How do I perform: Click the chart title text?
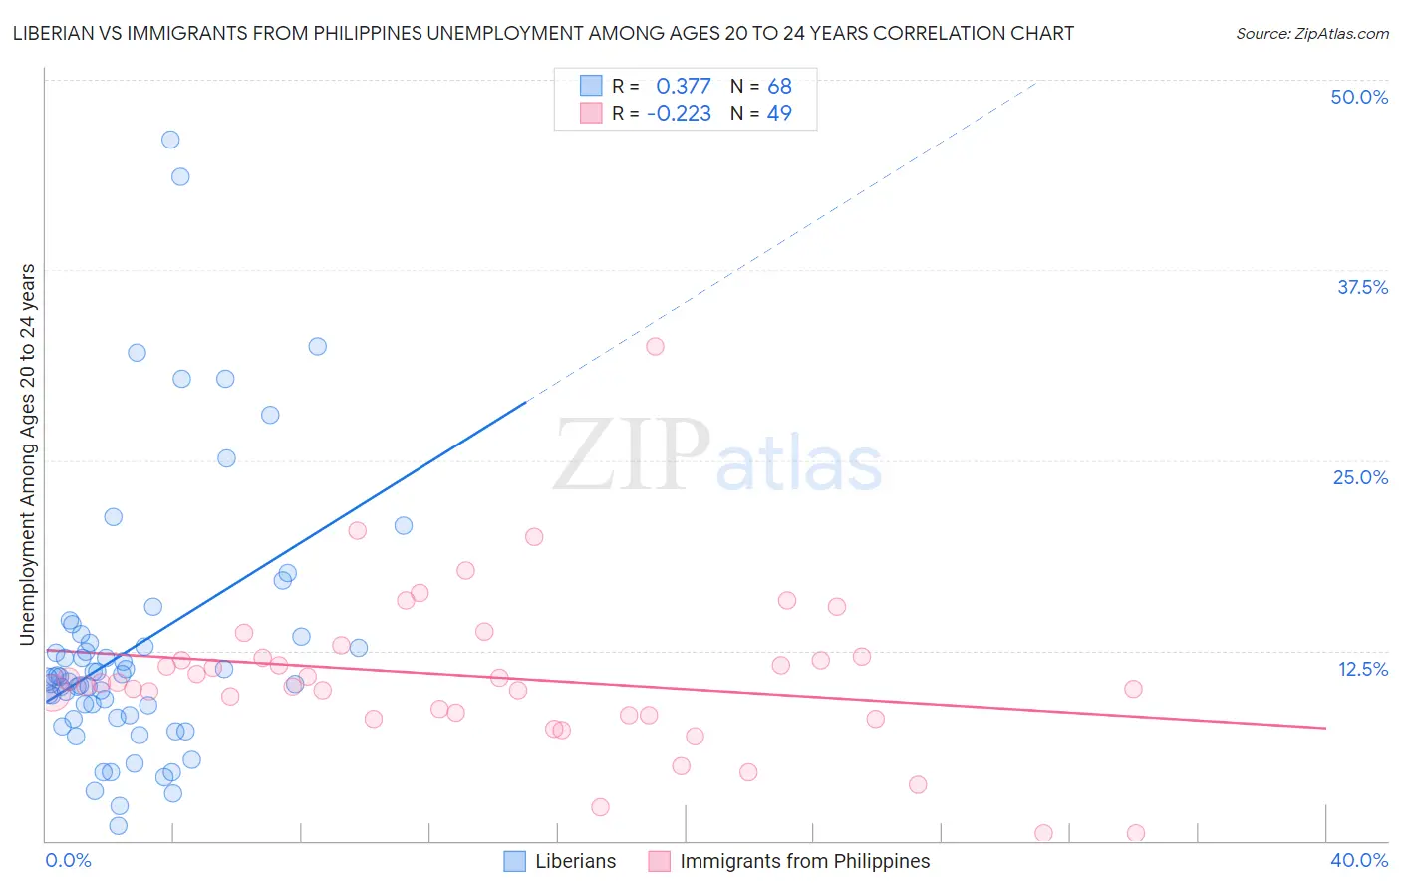543,33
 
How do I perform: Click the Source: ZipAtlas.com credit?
1311,33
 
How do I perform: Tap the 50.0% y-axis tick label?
1358,97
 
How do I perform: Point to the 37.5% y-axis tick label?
1361,287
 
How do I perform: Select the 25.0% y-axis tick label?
1359,477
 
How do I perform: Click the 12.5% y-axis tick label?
1361,669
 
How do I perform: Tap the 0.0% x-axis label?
68,860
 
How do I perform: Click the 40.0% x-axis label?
1358,860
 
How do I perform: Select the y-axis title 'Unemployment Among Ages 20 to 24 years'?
28,454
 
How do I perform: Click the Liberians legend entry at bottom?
575,861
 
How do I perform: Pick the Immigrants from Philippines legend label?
804,861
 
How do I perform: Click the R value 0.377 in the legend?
683,87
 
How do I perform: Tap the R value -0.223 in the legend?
679,114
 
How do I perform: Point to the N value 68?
779,87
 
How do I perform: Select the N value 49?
779,114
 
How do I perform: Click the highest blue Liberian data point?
170,140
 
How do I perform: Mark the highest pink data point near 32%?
655,347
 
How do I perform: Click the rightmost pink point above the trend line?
1133,689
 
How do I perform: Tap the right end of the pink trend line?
1325,728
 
